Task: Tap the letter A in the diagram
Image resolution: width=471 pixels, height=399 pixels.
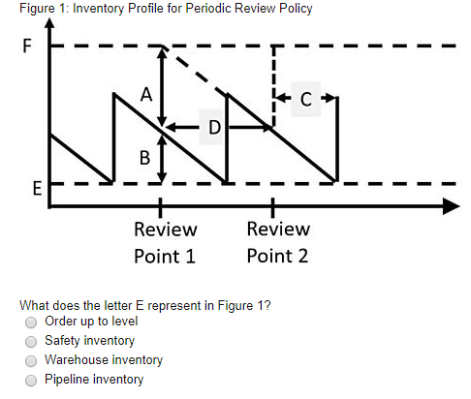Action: coord(145,95)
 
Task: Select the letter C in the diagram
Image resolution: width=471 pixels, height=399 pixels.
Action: coord(306,98)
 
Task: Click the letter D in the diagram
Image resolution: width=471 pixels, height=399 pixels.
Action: coord(213,127)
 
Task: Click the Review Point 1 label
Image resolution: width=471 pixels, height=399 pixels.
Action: coord(165,242)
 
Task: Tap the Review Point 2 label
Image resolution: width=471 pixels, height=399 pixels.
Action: coord(277,242)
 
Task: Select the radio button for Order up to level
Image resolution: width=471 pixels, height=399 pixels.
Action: coord(31,322)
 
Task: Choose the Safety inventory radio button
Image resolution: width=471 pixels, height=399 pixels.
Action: coord(31,341)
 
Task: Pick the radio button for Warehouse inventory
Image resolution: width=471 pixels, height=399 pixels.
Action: coord(31,360)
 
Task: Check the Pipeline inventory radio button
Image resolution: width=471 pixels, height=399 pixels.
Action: coord(31,380)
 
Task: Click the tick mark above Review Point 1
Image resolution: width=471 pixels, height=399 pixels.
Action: coord(160,205)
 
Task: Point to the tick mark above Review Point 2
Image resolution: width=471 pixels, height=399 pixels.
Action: coord(272,205)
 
